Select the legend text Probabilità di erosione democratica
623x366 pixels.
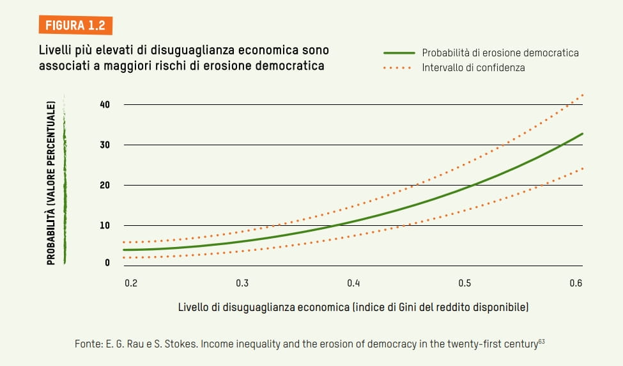tap(500, 53)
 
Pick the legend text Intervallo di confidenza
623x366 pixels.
tap(473, 67)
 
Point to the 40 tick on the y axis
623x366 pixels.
tap(105, 104)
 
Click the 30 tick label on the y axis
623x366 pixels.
tap(105, 145)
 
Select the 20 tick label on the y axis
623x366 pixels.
tap(105, 186)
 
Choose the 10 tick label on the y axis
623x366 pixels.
tap(105, 226)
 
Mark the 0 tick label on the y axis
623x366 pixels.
tap(107, 262)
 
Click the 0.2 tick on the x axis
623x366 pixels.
tap(130, 283)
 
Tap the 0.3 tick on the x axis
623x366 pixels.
tap(242, 283)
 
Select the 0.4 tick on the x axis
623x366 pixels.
tap(353, 283)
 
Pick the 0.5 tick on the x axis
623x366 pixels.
tap(465, 283)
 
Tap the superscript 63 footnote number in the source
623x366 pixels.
tap(541, 342)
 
